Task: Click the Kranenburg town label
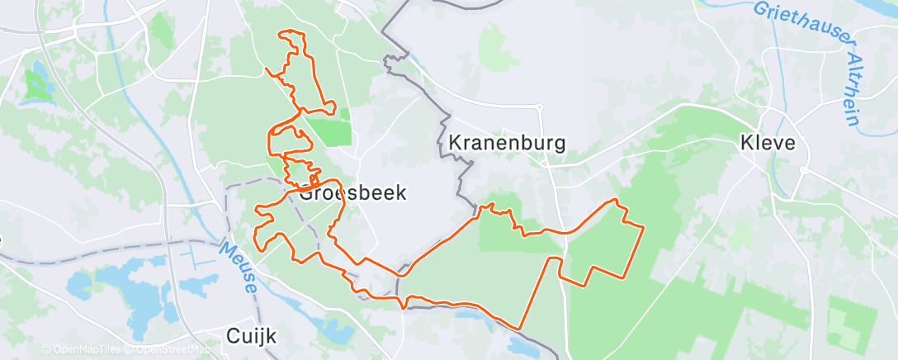507,143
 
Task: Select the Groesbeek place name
353,194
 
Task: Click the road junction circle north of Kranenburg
539,107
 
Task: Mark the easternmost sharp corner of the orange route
643,225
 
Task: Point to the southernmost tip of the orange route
520,329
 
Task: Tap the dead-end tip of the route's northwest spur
267,69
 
